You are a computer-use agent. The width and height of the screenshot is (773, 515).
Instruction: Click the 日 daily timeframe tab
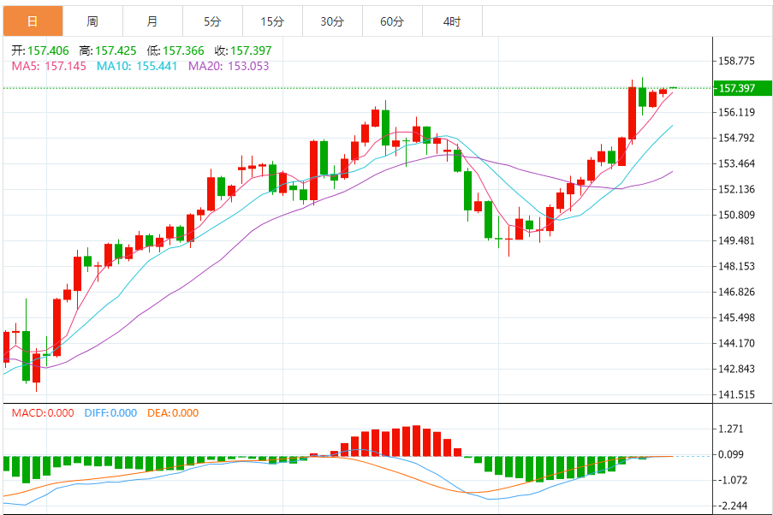33,21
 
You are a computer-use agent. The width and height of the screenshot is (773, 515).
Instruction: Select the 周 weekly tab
92,21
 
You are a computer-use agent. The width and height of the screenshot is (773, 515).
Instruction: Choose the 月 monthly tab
152,21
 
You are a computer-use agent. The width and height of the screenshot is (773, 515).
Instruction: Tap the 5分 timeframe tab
212,21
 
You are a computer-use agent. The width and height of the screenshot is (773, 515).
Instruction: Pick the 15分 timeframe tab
272,21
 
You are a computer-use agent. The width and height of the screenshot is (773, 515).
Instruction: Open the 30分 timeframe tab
332,21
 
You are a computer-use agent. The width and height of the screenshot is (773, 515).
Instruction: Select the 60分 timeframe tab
392,21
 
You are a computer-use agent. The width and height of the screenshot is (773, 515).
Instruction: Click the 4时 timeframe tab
452,21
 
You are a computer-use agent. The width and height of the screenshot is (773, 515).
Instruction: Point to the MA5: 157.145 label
49,66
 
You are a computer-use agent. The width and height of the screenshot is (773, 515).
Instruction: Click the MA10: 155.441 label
137,66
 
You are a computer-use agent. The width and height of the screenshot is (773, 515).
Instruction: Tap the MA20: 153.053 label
229,66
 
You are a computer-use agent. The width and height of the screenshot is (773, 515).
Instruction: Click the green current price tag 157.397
736,88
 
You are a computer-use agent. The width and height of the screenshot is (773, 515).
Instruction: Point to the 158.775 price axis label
736,61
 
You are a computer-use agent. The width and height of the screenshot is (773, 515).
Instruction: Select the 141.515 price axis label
736,394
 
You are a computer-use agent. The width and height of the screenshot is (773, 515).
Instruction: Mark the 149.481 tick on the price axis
736,240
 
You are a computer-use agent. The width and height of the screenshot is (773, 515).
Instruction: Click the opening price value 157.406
48,50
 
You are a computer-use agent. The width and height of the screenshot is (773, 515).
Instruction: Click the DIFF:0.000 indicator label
110,413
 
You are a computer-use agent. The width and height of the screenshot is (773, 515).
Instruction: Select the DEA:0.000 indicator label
173,413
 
